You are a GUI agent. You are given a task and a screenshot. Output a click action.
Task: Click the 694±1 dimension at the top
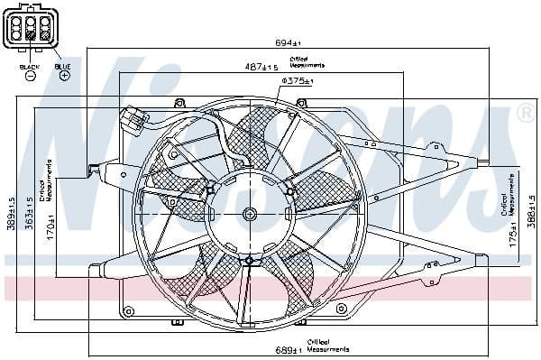click(289, 42)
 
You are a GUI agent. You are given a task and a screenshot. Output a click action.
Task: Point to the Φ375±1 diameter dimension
click(297, 80)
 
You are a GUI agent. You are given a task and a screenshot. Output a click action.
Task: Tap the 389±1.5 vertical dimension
click(11, 214)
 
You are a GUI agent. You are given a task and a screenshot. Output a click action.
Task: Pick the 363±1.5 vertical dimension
click(29, 214)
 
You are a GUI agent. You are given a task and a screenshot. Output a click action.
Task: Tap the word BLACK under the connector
click(29, 66)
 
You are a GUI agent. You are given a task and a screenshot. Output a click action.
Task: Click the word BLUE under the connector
click(62, 66)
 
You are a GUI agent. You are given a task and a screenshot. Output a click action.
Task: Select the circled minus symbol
click(30, 77)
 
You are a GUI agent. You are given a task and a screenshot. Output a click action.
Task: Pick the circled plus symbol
click(64, 77)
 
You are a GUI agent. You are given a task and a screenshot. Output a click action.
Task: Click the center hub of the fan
click(250, 214)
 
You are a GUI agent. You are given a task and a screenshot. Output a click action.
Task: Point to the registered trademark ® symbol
click(524, 114)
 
